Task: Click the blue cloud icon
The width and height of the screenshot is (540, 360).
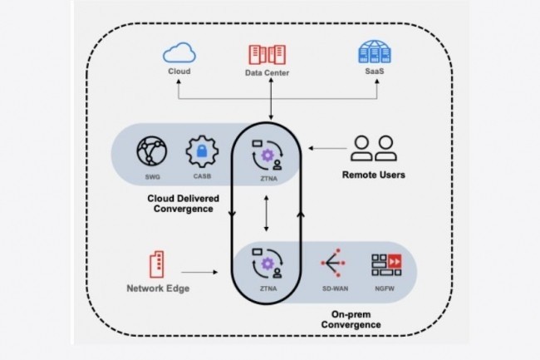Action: [x=179, y=54]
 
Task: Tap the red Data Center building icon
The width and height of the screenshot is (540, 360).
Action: [x=267, y=54]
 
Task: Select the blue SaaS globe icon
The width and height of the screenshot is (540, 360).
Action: [x=373, y=54]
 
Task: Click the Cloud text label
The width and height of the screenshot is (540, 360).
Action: [x=179, y=72]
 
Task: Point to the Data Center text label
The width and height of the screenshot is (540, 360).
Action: [x=267, y=73]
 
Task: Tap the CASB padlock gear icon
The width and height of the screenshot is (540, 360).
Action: [x=201, y=151]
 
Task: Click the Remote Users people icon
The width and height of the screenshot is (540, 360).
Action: [x=372, y=148]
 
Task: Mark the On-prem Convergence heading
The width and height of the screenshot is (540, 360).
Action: [x=351, y=319]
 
